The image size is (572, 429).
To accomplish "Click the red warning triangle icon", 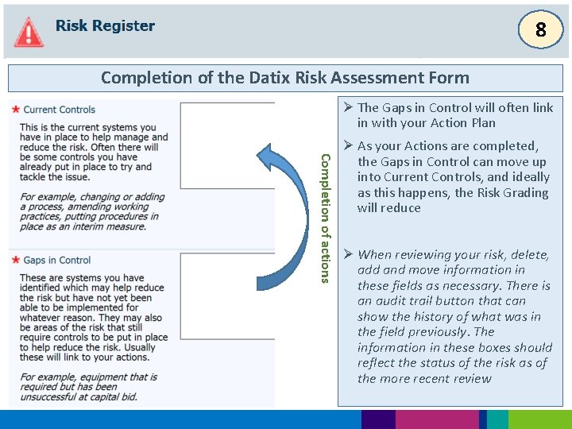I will coord(29,32).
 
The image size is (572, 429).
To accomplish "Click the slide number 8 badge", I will coord(540,31).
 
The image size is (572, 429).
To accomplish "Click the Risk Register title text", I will coord(105,25).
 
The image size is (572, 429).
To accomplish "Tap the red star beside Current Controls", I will coord(16,109).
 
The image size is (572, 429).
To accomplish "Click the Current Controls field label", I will coord(60,110).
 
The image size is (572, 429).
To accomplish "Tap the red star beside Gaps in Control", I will coord(16,260).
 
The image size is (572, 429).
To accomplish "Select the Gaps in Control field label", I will coord(57,260).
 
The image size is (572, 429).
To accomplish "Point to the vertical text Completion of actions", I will coord(324,218).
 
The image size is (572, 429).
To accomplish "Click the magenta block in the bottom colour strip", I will coord(437,419).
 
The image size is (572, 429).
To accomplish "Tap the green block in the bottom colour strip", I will coord(539,419).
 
